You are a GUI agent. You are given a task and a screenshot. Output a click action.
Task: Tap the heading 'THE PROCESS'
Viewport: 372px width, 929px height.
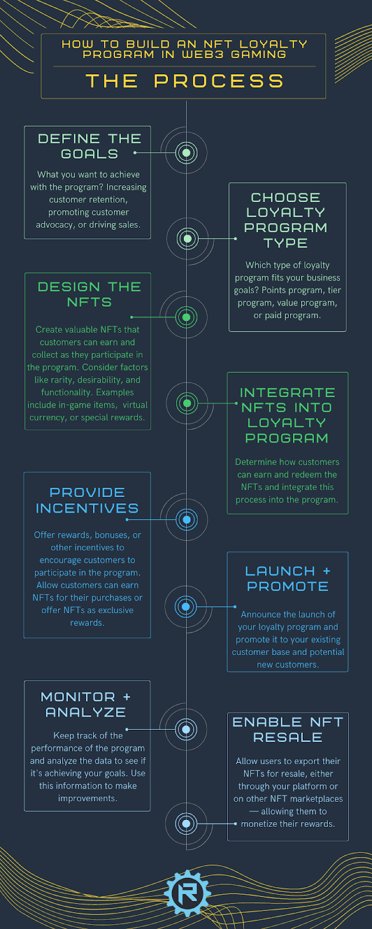185,81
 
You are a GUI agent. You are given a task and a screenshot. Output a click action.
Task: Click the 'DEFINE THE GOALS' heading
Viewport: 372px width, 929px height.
90,146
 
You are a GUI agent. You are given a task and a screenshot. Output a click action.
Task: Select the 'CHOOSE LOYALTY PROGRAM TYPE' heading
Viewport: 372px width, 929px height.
285,220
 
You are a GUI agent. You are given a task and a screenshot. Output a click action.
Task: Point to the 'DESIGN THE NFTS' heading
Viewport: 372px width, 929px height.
90,294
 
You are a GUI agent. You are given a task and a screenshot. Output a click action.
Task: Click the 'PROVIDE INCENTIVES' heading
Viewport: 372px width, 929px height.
87,500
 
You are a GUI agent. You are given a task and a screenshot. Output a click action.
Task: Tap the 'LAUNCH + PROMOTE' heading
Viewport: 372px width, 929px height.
288,579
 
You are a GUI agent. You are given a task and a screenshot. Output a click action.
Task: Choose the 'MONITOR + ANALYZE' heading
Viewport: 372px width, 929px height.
86,704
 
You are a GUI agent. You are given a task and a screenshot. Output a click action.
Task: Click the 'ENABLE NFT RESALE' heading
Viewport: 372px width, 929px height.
288,730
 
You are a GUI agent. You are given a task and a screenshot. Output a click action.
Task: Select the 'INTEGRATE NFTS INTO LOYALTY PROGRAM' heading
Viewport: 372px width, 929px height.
287,415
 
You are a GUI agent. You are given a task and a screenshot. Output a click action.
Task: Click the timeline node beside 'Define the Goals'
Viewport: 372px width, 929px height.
186,153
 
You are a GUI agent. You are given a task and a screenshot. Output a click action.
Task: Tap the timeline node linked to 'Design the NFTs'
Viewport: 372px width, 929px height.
186,317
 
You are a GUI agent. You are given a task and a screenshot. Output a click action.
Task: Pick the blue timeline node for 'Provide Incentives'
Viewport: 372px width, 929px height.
186,519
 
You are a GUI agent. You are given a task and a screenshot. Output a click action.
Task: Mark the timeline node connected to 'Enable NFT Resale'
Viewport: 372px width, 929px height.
186,823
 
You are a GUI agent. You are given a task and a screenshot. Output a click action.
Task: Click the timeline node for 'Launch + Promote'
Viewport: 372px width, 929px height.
186,607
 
